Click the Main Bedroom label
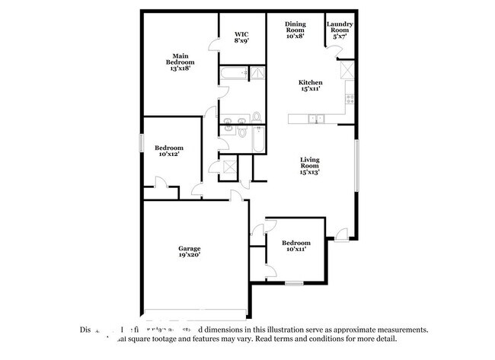click(180, 62)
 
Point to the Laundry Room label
click(340, 30)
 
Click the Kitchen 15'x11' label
click(310, 86)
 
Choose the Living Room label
click(309, 166)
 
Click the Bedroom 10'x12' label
click(168, 151)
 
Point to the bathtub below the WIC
click(233, 74)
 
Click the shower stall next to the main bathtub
click(257, 74)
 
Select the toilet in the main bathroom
click(256, 116)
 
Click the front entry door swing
click(341, 234)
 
